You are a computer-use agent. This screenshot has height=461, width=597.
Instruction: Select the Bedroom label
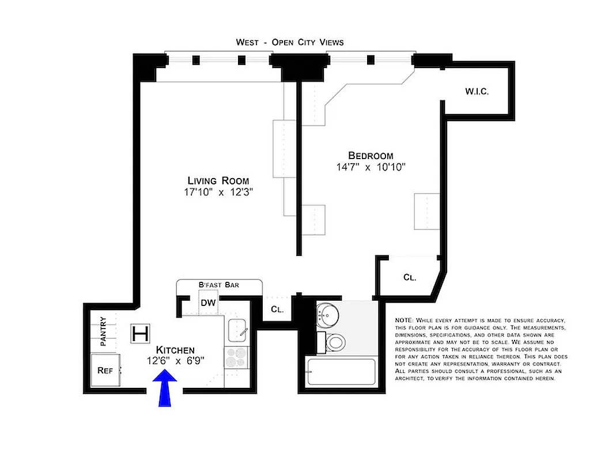(x=371, y=156)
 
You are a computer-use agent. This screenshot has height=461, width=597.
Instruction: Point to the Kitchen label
(x=175, y=350)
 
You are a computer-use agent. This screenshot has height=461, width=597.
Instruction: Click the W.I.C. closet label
(x=477, y=92)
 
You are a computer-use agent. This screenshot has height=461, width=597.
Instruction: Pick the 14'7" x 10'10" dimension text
(x=372, y=168)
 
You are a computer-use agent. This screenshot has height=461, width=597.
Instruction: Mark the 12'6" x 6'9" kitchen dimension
(x=175, y=361)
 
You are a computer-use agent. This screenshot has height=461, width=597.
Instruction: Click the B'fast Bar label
(x=219, y=285)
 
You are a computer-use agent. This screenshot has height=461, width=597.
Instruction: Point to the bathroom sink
(x=329, y=315)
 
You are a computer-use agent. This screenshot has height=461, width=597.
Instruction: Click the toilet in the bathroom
(x=334, y=342)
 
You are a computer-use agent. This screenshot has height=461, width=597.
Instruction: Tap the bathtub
(x=341, y=372)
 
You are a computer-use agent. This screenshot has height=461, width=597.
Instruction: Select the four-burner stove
(x=236, y=358)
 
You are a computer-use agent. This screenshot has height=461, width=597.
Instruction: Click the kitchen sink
(x=237, y=330)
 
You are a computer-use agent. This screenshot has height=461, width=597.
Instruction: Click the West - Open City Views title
(x=290, y=42)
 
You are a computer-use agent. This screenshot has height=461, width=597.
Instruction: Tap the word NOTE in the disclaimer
(x=404, y=320)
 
